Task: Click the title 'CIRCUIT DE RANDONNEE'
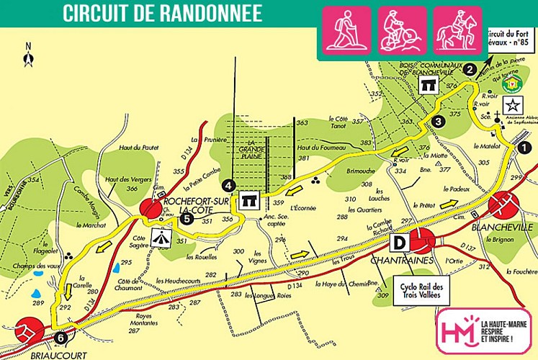(x=162, y=13)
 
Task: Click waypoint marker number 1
(x=524, y=146)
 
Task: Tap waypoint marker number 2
(x=470, y=70)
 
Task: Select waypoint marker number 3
(x=439, y=122)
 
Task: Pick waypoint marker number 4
(x=229, y=184)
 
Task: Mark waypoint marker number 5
(x=187, y=217)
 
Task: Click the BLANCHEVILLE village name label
(x=502, y=227)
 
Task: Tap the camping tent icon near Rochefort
(x=162, y=236)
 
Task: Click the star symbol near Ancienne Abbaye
(x=519, y=103)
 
